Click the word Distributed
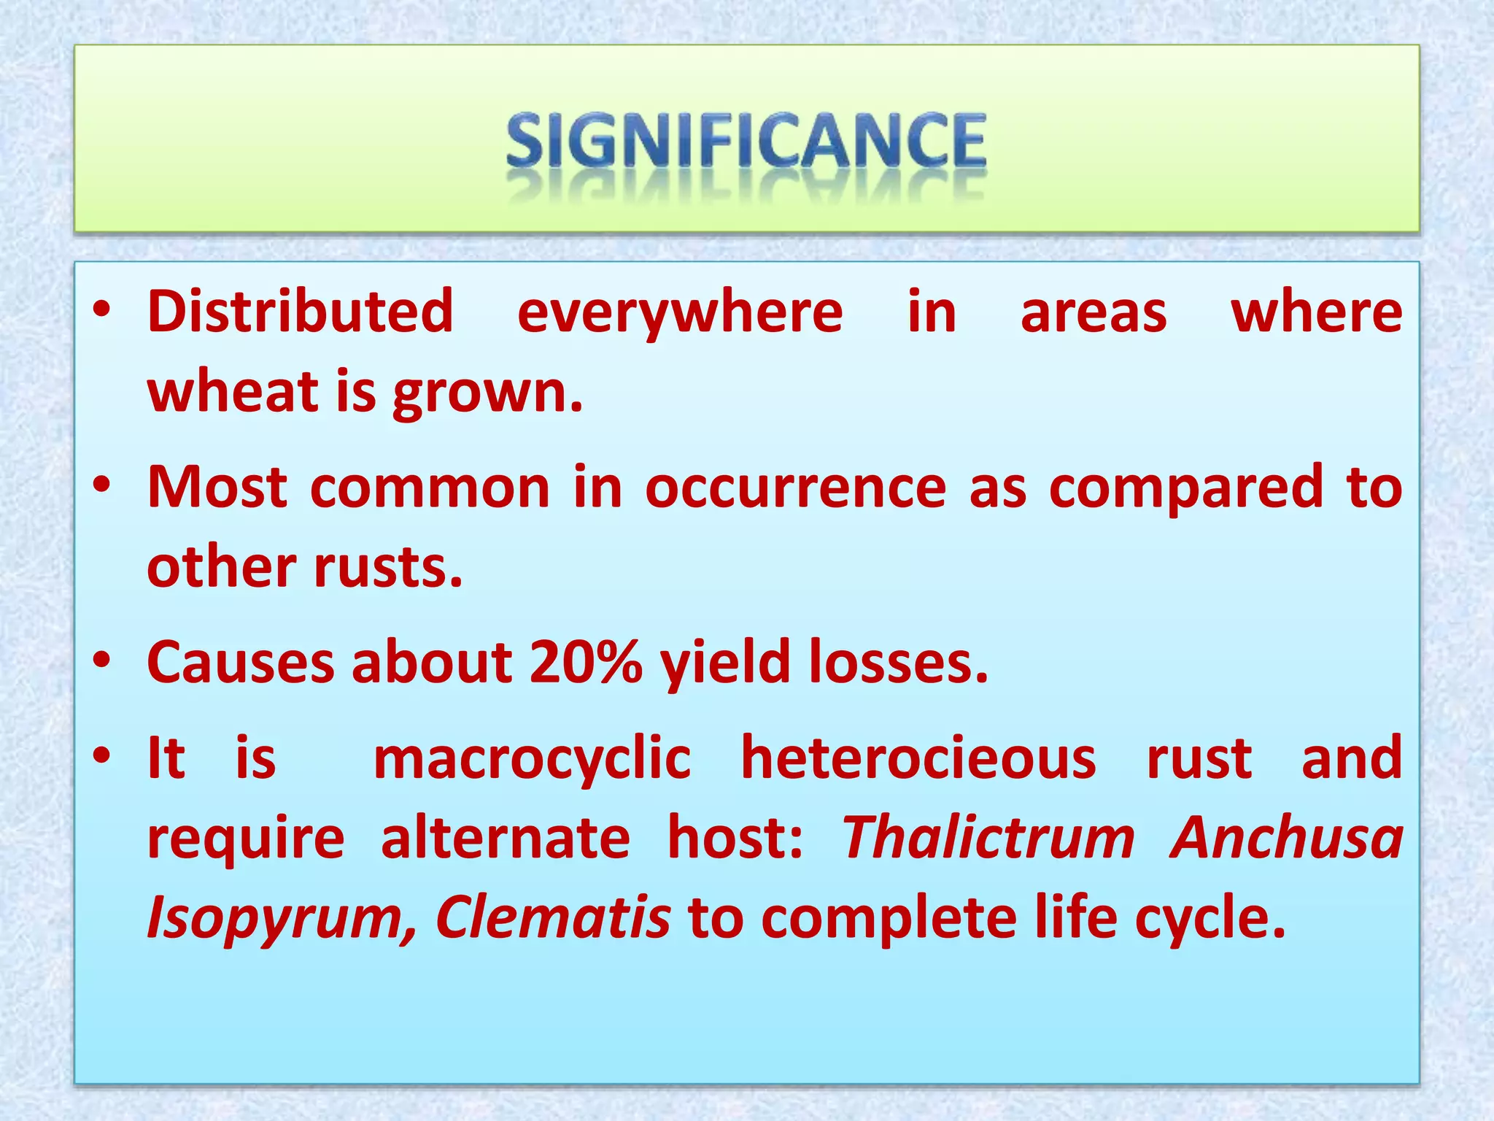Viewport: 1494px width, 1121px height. pos(301,312)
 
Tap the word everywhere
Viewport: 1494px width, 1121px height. pos(680,312)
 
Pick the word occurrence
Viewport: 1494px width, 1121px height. pos(796,488)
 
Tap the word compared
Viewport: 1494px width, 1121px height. pos(1185,488)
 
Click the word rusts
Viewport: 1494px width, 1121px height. pos(388,567)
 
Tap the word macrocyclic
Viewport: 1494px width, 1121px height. pos(532,758)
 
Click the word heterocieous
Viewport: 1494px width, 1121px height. pos(918,758)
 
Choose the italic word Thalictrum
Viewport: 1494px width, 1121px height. pos(988,837)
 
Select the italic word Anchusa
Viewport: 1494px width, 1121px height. pos(1286,837)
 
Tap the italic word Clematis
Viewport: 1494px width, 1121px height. pos(552,917)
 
